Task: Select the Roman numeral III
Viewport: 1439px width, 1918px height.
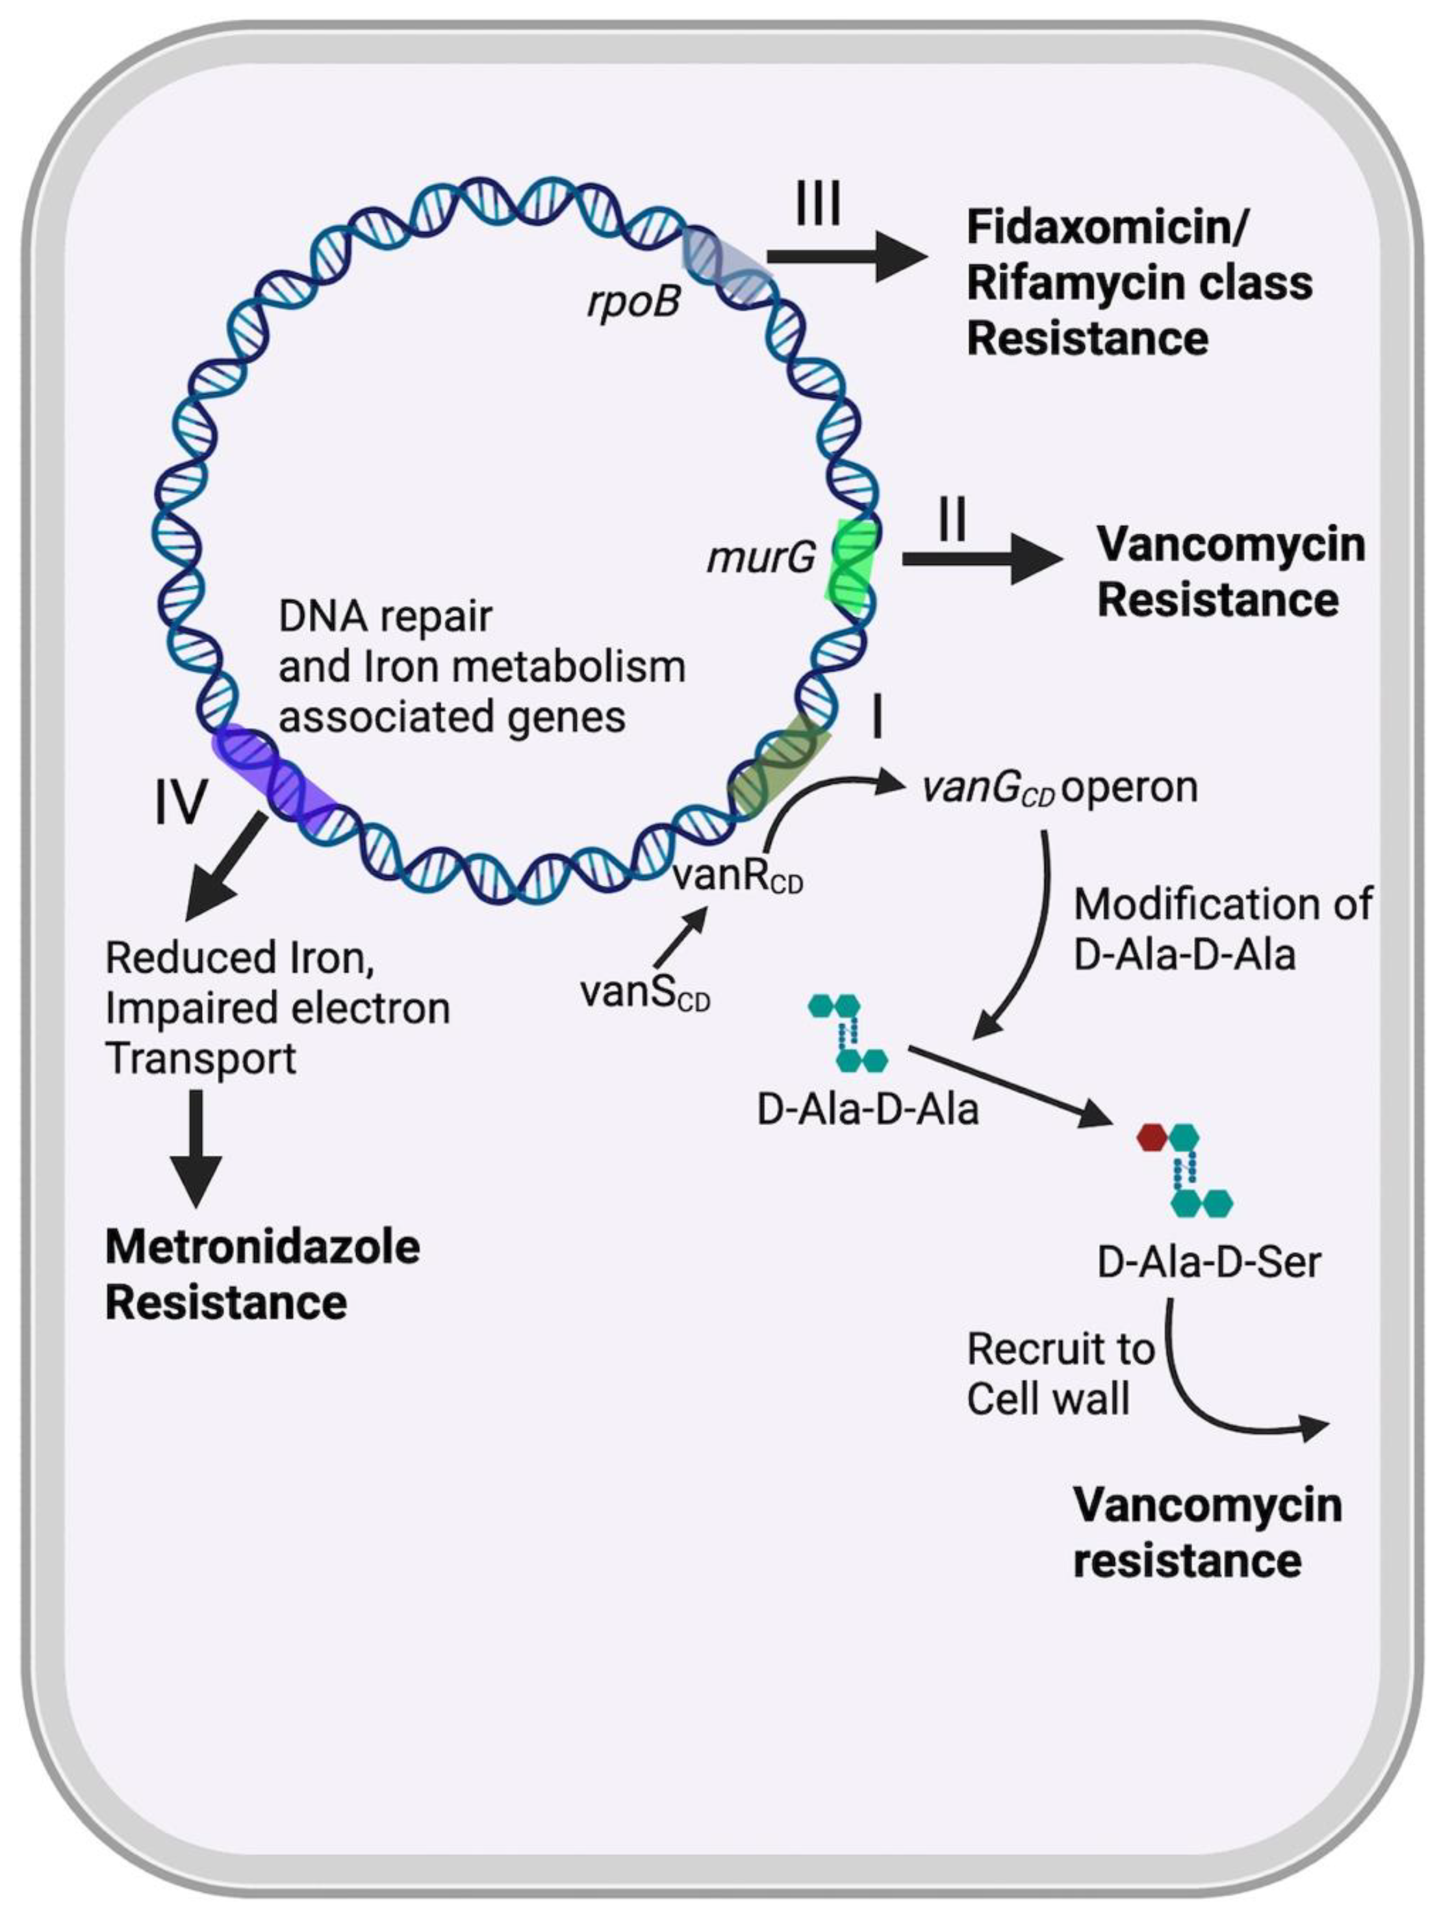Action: click(817, 205)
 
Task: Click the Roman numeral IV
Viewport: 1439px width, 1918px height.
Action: click(181, 801)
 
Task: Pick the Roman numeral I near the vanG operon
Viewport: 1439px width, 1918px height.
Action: click(877, 718)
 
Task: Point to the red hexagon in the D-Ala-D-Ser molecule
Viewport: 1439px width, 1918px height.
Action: click(1151, 1137)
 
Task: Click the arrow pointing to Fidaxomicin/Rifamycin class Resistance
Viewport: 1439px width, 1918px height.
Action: click(845, 257)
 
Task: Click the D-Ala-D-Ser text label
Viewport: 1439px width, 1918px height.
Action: click(1208, 1262)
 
